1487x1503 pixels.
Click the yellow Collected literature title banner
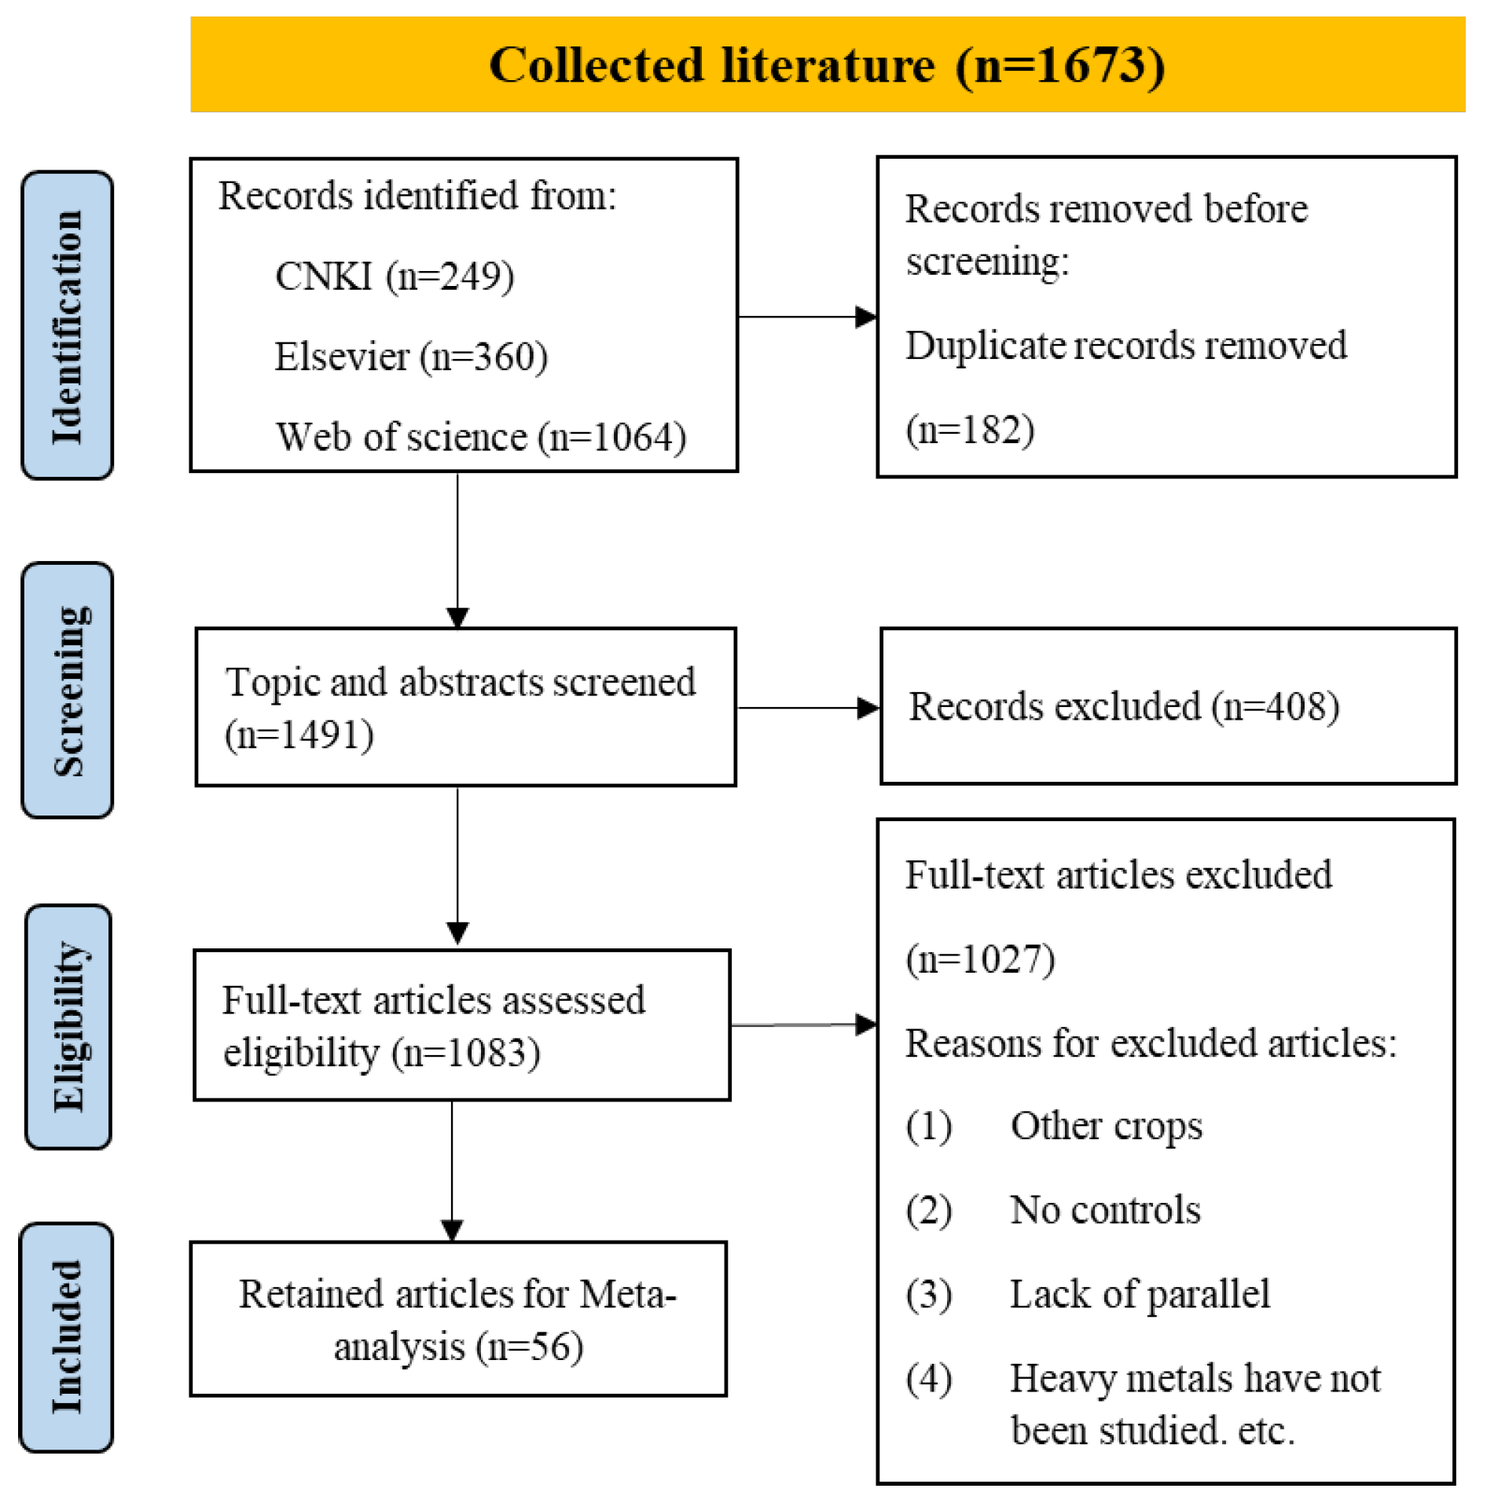(x=827, y=64)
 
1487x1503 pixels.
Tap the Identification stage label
(x=68, y=325)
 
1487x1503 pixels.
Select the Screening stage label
(x=68, y=691)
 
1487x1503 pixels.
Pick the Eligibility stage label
(x=68, y=1027)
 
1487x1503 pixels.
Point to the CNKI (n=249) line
(x=395, y=277)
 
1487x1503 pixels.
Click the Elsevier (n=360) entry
(x=410, y=357)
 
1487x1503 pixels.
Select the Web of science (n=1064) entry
(x=480, y=438)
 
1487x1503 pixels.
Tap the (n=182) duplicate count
(x=970, y=430)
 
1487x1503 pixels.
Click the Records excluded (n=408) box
(x=1167, y=706)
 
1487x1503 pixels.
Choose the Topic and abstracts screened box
(x=465, y=707)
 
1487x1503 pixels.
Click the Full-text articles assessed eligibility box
(x=461, y=1025)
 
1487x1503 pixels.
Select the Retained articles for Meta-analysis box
(x=458, y=1320)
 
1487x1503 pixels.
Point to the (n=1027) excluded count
(x=980, y=959)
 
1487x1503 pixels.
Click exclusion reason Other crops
(x=1106, y=1126)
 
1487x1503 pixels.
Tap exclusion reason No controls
(x=1104, y=1210)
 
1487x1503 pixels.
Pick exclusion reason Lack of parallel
(x=1139, y=1294)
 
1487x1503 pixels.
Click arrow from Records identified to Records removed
(x=806, y=317)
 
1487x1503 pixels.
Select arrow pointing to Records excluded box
(x=808, y=708)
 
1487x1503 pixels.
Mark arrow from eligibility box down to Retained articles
(x=452, y=1170)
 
